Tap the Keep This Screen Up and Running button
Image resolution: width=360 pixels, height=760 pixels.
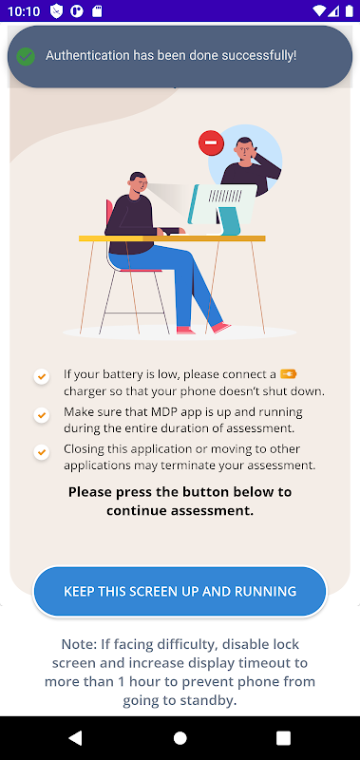(180, 591)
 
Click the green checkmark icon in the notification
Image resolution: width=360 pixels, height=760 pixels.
(26, 56)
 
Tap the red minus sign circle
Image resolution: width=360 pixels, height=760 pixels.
(211, 143)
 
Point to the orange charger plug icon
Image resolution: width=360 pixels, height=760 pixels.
(289, 373)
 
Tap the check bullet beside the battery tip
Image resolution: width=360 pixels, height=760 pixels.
(42, 376)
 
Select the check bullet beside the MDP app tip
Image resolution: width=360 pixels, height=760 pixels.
(42, 415)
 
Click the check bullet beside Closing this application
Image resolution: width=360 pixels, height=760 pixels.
(42, 452)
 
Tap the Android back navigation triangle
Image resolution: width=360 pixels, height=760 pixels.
(75, 738)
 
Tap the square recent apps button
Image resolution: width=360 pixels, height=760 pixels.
(283, 738)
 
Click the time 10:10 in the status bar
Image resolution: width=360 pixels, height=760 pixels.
(24, 11)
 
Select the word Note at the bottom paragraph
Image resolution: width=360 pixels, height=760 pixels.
(78, 644)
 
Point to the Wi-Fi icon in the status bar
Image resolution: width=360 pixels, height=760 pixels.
(320, 10)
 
